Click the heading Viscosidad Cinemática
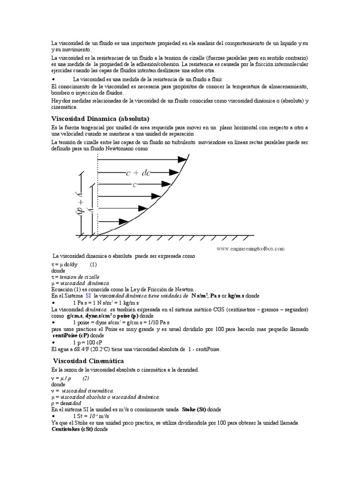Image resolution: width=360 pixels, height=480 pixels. pos(88,361)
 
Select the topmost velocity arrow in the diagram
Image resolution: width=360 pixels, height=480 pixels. pos(141,160)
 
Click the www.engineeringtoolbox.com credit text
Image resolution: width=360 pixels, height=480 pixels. pos(250,249)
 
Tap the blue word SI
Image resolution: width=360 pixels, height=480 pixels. pos(88,297)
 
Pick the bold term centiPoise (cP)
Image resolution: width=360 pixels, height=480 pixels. pos(72,336)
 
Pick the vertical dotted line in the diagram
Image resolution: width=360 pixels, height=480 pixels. pos(97,197)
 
